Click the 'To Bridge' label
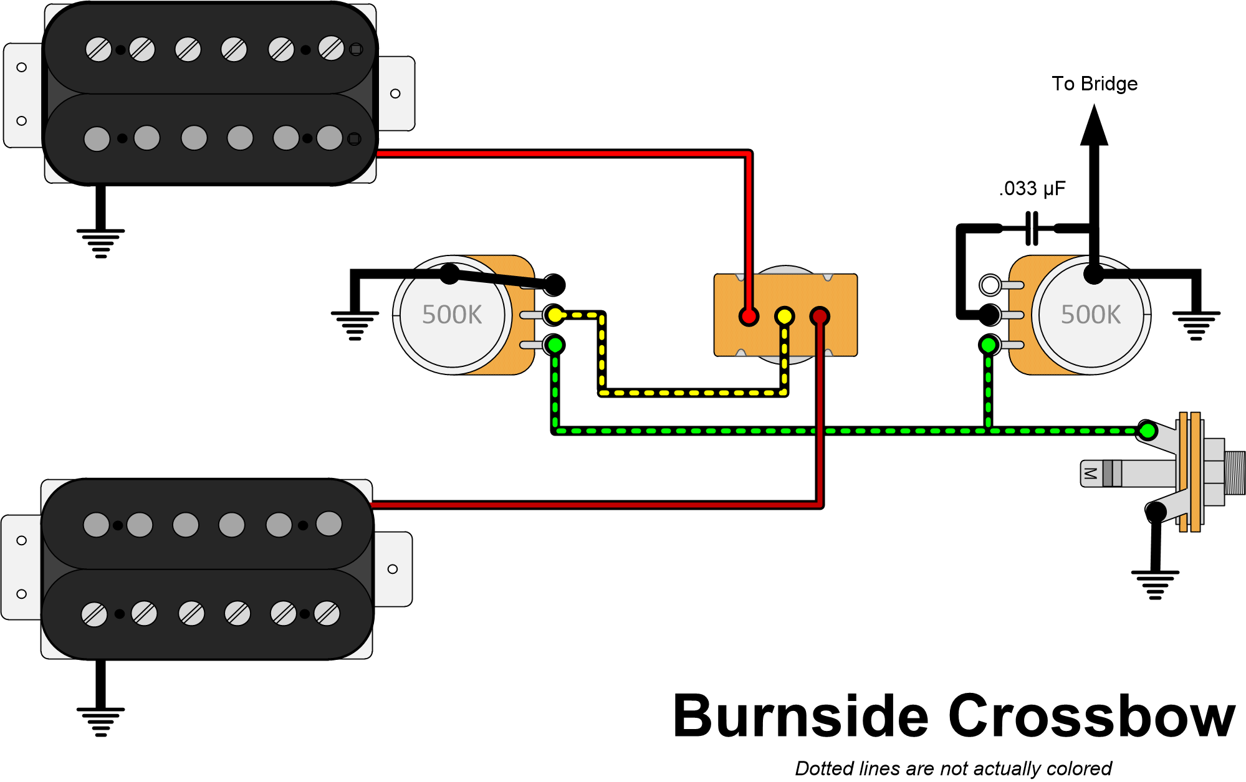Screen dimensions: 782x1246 [x=1094, y=84]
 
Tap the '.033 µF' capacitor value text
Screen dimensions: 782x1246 [x=1032, y=188]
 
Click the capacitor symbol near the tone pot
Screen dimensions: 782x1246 [x=1032, y=228]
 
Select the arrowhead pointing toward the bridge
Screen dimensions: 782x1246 [x=1094, y=125]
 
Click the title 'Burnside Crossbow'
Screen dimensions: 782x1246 [x=954, y=717]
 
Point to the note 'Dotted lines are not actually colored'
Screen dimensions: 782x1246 [x=953, y=768]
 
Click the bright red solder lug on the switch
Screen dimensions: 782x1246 [x=749, y=317]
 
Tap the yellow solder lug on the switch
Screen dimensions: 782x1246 [x=784, y=317]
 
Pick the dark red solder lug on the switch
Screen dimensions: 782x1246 [x=820, y=317]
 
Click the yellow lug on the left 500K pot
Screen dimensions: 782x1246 [x=554, y=315]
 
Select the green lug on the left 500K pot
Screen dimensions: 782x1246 [x=554, y=345]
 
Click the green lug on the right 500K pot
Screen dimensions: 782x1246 [x=989, y=345]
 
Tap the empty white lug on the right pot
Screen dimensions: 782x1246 [x=990, y=285]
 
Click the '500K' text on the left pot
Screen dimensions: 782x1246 [x=452, y=315]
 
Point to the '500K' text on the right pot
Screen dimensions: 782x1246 [x=1091, y=315]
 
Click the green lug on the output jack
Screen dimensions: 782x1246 [x=1148, y=430]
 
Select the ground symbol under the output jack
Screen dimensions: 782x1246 [x=1155, y=584]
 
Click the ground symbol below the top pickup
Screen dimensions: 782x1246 [x=100, y=243]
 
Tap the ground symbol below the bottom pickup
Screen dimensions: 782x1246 [x=100, y=722]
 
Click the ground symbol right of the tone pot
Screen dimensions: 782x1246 [x=1196, y=325]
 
